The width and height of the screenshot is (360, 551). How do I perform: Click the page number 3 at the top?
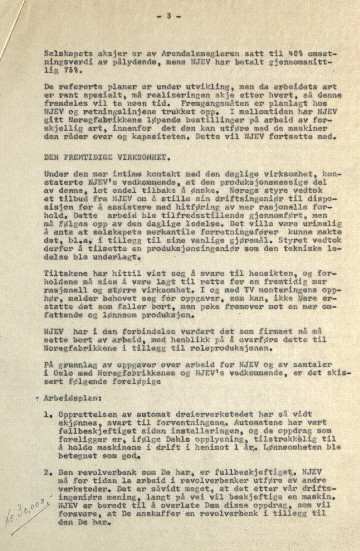(169, 17)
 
